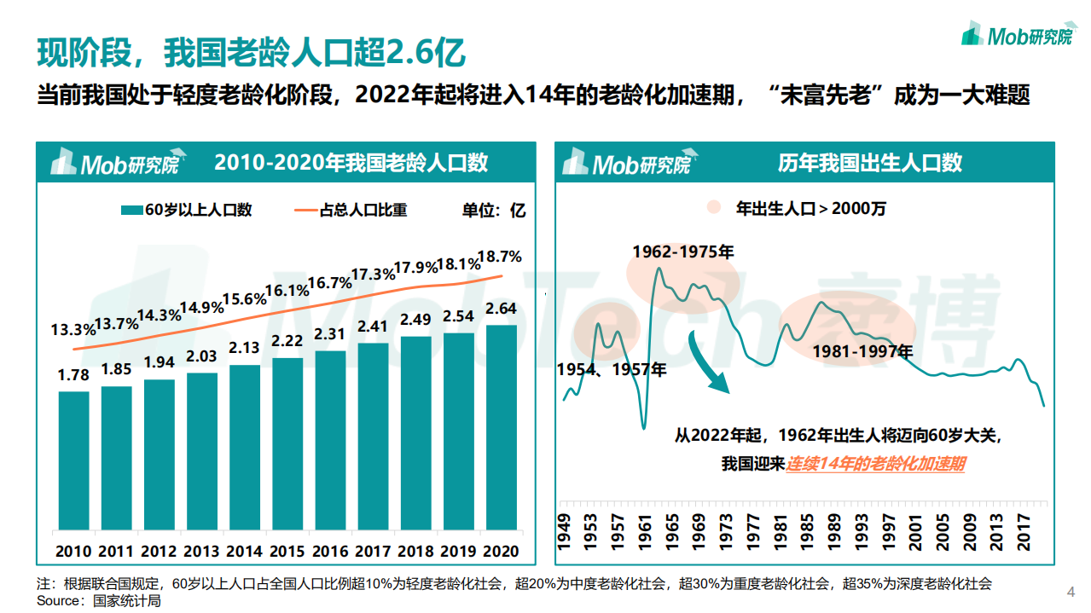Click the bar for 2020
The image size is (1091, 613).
coord(501,426)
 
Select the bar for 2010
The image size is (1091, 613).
coord(73,460)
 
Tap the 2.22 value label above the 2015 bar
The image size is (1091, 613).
coord(287,341)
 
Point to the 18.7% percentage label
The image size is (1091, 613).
coord(500,256)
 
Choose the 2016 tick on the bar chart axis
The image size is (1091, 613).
coord(330,551)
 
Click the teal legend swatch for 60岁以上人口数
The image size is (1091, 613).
coord(131,210)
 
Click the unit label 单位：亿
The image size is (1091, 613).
coord(494,210)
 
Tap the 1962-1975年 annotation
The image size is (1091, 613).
coord(682,252)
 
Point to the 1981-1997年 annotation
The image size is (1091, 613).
coord(862,351)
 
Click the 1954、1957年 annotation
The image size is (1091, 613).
coord(611,370)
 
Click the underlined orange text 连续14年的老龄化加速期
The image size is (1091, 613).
coord(875,464)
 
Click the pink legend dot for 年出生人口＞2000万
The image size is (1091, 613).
coord(715,208)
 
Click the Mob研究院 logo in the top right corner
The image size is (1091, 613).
coord(1016,35)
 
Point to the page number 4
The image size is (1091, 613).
coord(1071,592)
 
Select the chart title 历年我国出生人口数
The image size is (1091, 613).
coord(869,163)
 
